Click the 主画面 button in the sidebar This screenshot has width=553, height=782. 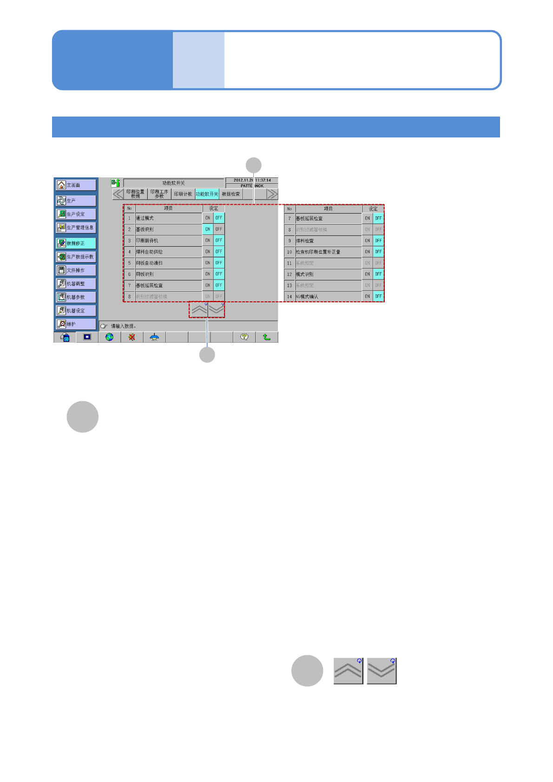pos(76,185)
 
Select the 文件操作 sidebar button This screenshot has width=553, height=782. pos(76,270)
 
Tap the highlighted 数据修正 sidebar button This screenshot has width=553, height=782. pos(76,243)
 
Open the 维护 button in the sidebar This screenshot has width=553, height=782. pos(76,324)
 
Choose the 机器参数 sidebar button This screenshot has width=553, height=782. pos(76,297)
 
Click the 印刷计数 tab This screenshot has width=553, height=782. pos(183,194)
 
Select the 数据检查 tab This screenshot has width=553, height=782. pos(231,194)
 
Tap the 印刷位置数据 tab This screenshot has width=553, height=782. pos(135,194)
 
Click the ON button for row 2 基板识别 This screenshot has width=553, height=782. pos(208,229)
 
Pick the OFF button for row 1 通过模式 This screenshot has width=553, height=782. pos(219,218)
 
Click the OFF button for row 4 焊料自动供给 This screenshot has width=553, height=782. pos(219,252)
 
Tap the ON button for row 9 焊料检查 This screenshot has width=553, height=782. pos(368,241)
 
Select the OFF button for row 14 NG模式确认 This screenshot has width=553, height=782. pos(379,296)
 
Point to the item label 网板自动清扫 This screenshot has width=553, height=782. pos(149,263)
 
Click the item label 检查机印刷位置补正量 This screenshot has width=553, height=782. pos(318,252)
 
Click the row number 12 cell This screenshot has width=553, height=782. pos(290,274)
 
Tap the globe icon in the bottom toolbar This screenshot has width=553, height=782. pos(109,337)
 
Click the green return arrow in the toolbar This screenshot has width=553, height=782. pos(267,337)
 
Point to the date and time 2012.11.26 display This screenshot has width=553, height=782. pos(252,180)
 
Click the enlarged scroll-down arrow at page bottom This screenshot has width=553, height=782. pos(382,671)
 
